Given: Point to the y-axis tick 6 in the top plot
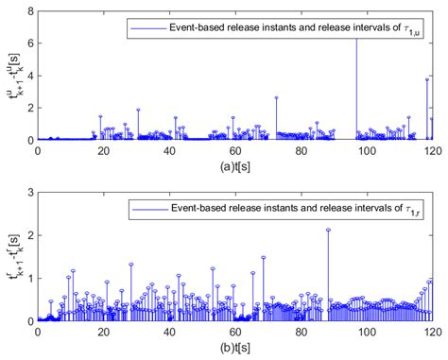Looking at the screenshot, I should pyautogui.click(x=29, y=44).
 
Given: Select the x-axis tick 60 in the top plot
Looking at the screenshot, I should pyautogui.click(x=235, y=149).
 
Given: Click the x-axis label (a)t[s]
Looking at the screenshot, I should pyautogui.click(x=235, y=163).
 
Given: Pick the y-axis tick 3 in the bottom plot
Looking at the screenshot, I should pyautogui.click(x=29, y=193).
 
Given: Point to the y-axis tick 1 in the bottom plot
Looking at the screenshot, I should pyautogui.click(x=29, y=278).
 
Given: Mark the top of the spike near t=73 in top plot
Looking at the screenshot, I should pyautogui.click(x=276, y=97).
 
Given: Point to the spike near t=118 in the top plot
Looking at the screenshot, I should pyautogui.click(x=426, y=79).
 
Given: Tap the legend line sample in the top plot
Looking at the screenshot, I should pyautogui.click(x=146, y=29).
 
